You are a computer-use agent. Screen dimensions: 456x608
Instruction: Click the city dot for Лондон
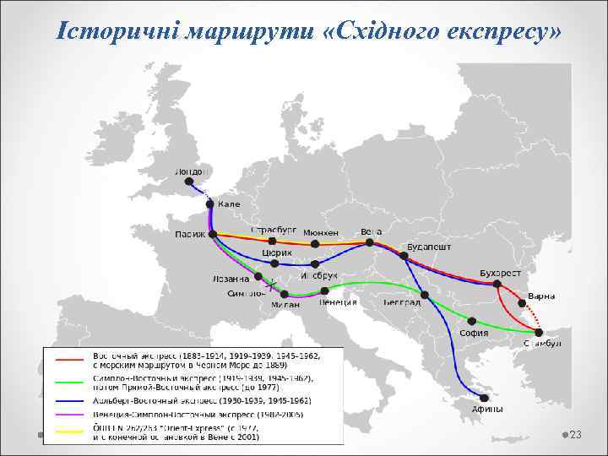(189, 181)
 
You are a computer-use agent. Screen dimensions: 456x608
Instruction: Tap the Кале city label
(229, 204)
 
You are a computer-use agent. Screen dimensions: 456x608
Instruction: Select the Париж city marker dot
(213, 234)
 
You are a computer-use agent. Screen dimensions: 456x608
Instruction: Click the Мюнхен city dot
(315, 244)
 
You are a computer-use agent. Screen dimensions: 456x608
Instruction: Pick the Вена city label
(371, 231)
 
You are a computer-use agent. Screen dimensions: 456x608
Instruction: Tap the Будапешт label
(429, 247)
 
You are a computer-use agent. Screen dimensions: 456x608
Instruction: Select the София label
(474, 333)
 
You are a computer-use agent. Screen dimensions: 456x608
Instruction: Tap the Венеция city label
(339, 302)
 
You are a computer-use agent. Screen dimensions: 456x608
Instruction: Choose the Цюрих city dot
(274, 263)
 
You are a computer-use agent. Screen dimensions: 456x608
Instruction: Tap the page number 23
(577, 434)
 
